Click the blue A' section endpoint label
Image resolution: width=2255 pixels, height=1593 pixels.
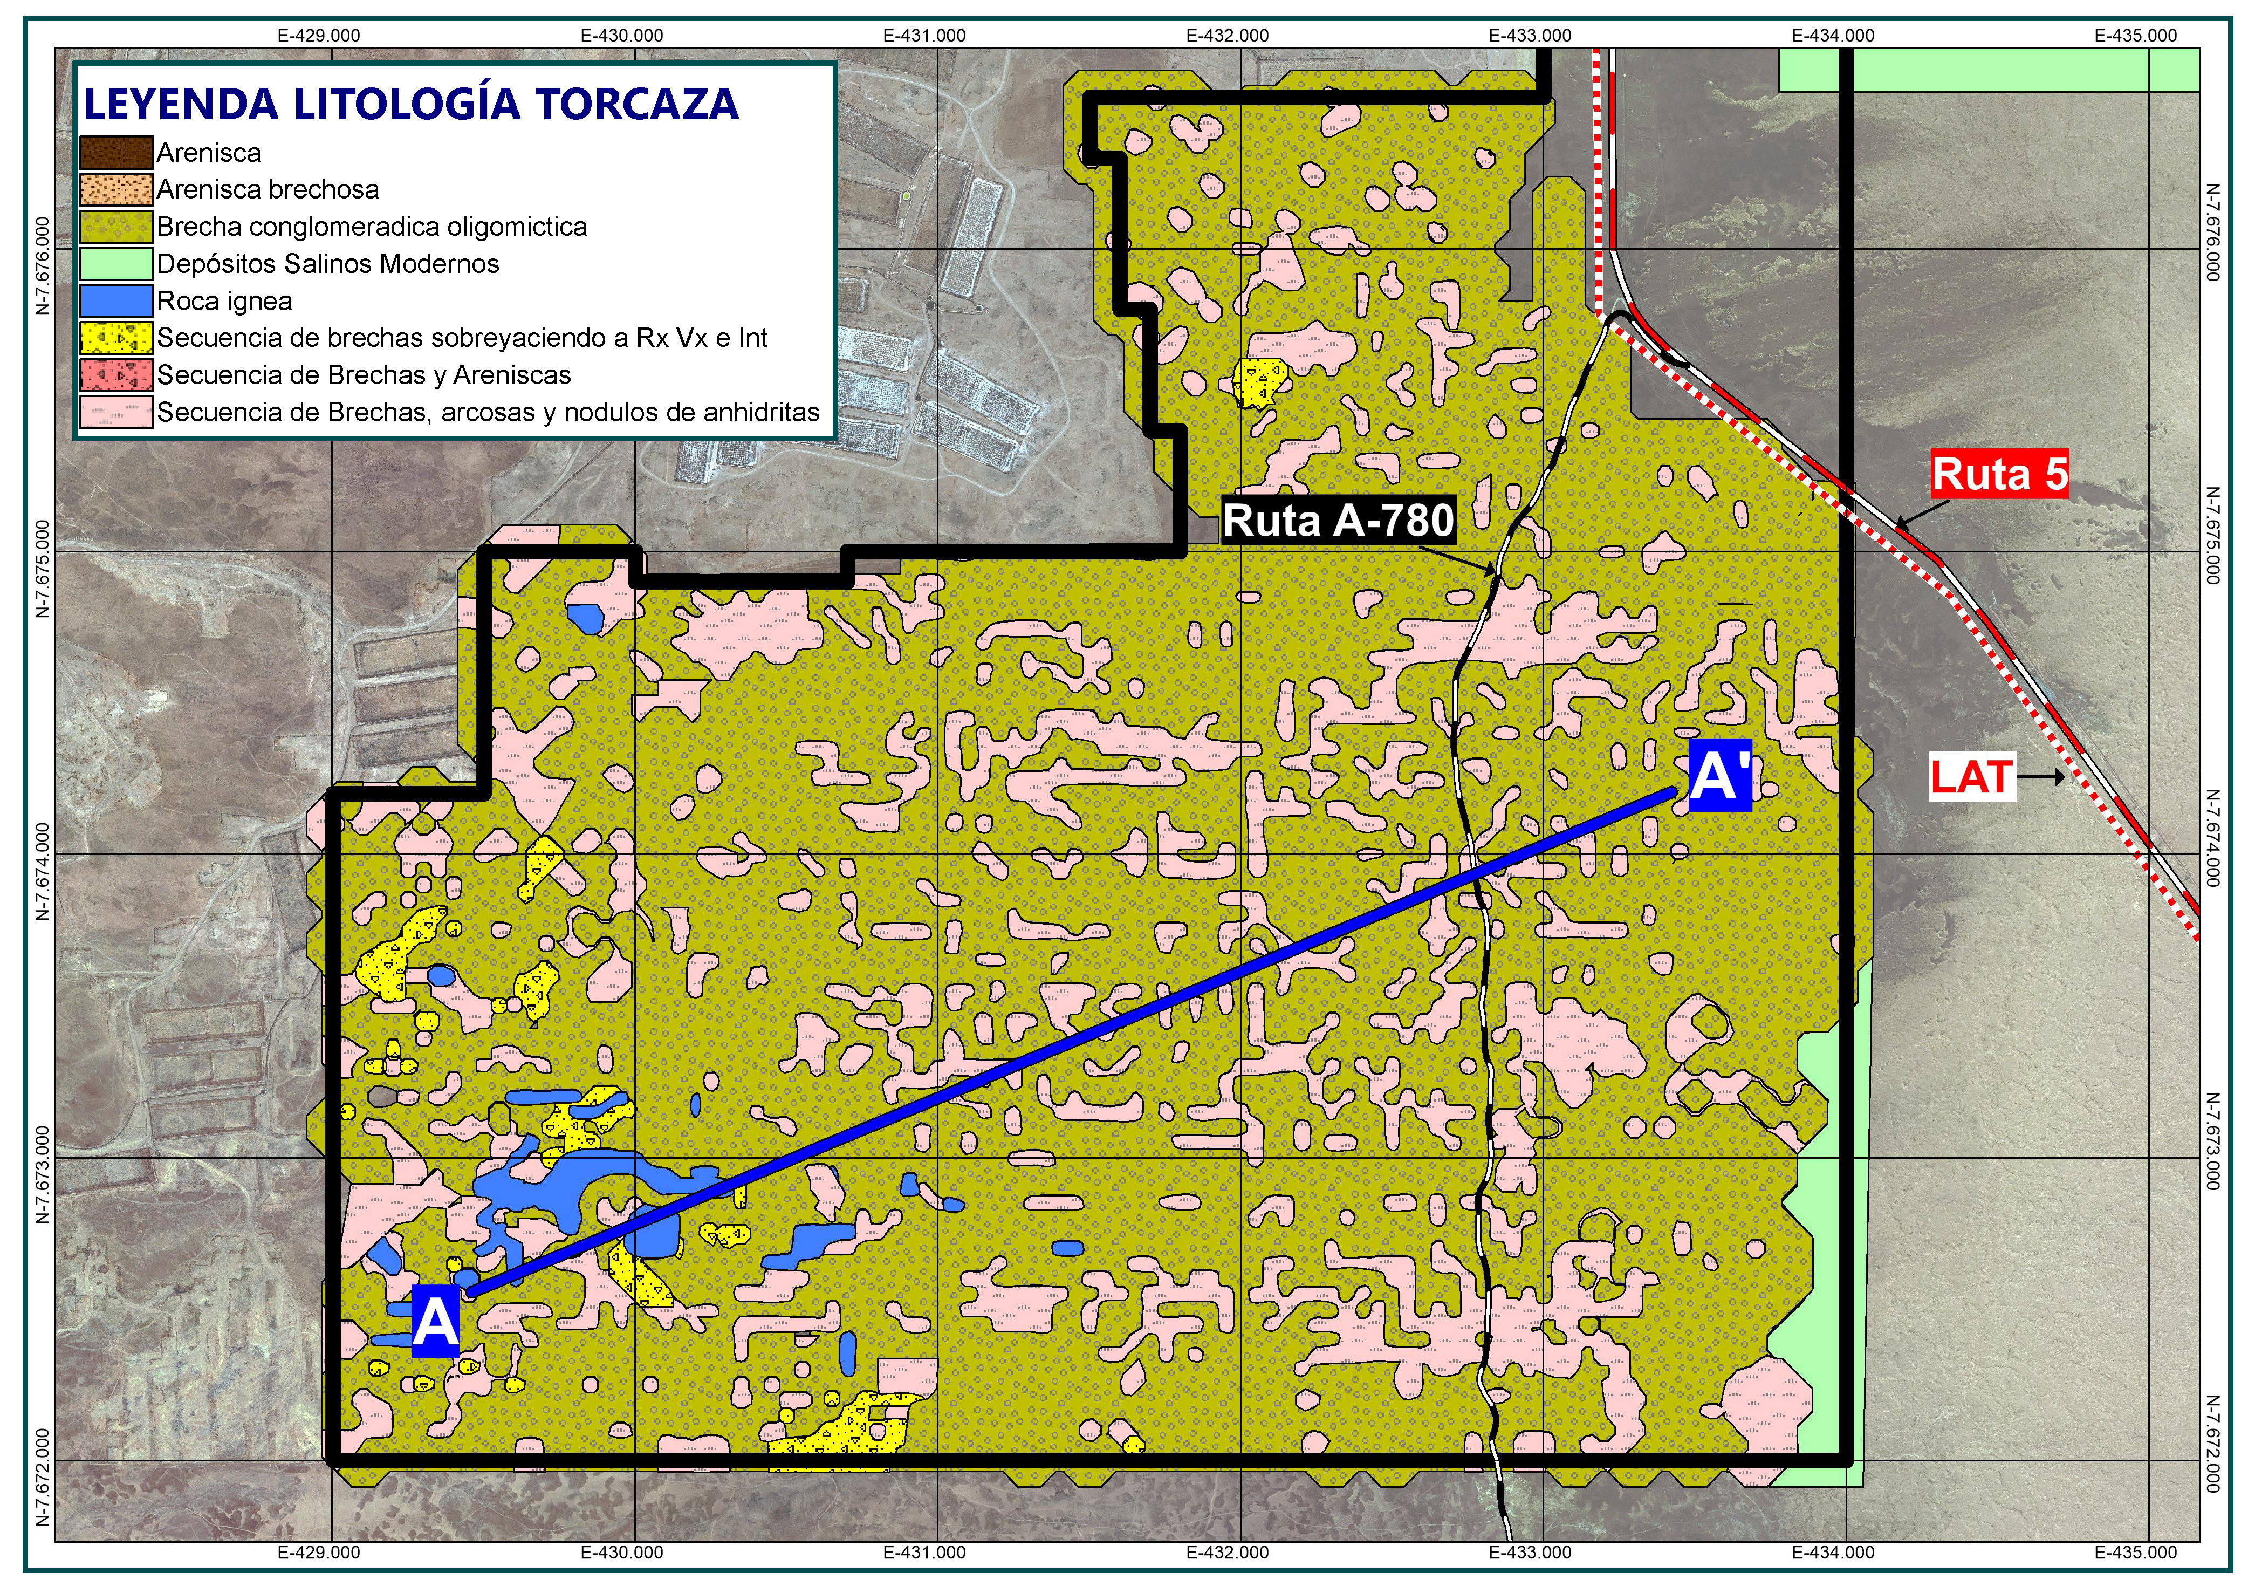1720,776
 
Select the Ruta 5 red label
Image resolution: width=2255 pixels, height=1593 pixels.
2000,474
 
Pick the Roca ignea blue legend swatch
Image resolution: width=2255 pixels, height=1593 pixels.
116,300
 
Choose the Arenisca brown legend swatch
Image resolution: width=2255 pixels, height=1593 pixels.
116,152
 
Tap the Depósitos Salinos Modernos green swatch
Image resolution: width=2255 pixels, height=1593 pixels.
116,263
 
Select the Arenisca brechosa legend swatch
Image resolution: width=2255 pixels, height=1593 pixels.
116,189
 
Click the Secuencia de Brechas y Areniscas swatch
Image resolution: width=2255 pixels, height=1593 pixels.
116,374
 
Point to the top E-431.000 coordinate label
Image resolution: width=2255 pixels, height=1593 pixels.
924,36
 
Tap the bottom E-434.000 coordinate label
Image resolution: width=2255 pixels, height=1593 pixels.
1833,1553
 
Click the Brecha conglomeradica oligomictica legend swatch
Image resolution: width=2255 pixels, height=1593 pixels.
116,227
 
